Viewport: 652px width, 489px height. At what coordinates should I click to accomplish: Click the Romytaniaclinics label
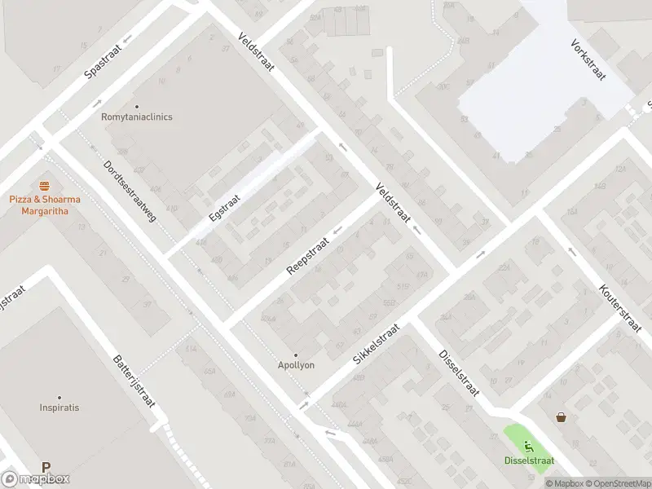pyautogui.click(x=137, y=117)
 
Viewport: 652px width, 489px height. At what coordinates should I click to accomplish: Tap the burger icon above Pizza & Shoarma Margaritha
pyautogui.click(x=43, y=186)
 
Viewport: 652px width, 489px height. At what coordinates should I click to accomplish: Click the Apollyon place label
pyautogui.click(x=296, y=365)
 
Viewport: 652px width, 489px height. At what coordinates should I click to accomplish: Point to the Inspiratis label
pyautogui.click(x=59, y=407)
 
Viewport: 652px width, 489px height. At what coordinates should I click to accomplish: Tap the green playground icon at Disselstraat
pyautogui.click(x=528, y=446)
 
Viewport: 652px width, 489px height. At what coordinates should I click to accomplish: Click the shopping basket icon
pyautogui.click(x=562, y=417)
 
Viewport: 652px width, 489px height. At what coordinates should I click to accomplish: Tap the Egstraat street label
pyautogui.click(x=224, y=208)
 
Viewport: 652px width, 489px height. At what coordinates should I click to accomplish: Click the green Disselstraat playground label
pyautogui.click(x=529, y=460)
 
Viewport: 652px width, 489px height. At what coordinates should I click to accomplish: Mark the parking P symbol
pyautogui.click(x=46, y=468)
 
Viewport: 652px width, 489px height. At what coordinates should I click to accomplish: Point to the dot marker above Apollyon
pyautogui.click(x=296, y=355)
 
